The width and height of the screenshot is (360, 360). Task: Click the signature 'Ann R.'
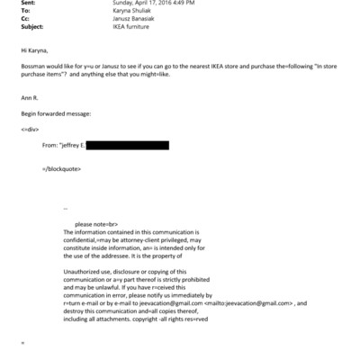click(29, 99)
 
